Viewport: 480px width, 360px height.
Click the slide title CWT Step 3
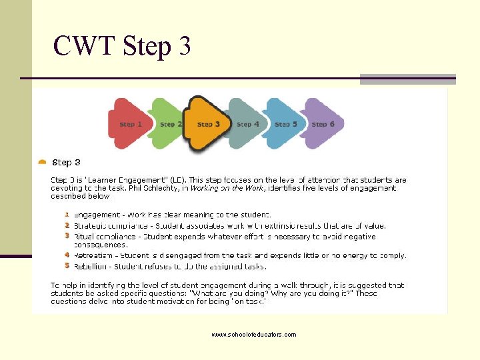(122, 46)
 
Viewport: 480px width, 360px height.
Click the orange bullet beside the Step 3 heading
(43, 162)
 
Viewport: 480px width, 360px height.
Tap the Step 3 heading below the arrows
(66, 163)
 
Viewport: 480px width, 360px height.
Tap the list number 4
(67, 255)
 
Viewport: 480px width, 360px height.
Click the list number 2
(67, 225)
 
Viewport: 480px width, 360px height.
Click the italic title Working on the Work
(227, 189)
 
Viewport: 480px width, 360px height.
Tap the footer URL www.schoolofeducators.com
(253, 335)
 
